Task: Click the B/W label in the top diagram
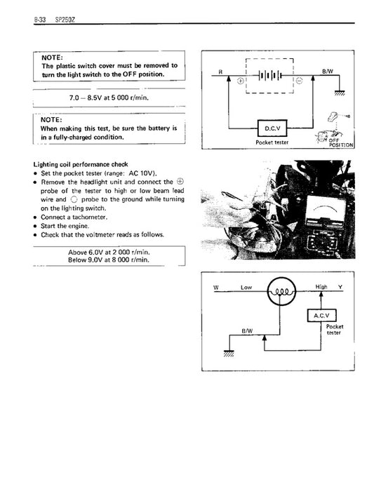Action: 327,72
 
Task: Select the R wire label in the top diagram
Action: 220,72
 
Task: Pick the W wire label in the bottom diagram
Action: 217,288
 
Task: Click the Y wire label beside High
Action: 341,288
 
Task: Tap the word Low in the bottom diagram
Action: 246,288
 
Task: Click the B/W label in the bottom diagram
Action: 246,330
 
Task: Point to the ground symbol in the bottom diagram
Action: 227,352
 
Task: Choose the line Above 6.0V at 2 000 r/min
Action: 109,251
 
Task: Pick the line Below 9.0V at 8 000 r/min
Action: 109,260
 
